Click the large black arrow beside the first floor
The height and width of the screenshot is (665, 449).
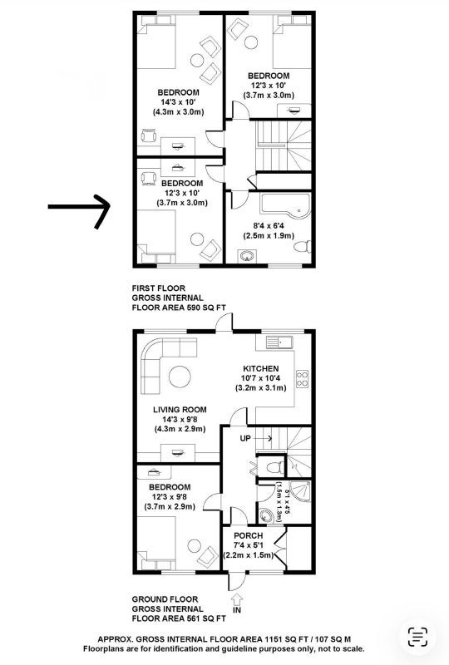79,207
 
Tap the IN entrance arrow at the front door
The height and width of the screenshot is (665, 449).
237,599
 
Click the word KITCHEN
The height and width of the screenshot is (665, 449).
260,368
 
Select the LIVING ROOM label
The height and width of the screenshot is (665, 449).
180,409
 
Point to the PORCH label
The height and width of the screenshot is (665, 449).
249,535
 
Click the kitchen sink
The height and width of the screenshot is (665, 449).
279,342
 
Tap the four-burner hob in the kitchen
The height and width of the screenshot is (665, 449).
303,379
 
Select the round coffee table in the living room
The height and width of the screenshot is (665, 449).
180,377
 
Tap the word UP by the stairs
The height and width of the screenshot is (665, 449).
245,438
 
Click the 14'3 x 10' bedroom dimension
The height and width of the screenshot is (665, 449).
178,102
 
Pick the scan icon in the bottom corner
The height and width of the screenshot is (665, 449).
417,637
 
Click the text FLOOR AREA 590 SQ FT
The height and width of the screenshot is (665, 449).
179,308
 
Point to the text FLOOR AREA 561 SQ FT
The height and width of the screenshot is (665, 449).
179,618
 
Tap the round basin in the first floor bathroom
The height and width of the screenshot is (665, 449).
247,256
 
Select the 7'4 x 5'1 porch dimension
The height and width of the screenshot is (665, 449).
249,545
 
